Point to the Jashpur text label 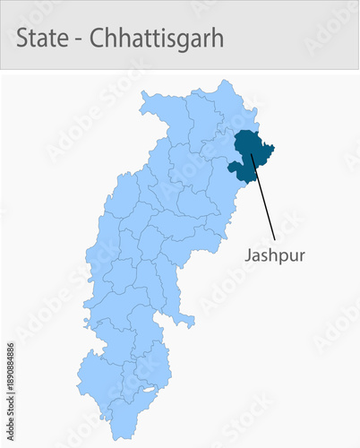(275, 255)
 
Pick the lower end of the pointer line (273, 239)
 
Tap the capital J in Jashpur (248, 255)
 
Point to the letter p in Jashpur (282, 257)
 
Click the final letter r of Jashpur (302, 256)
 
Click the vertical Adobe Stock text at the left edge (10, 421)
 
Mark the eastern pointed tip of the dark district (273, 147)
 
